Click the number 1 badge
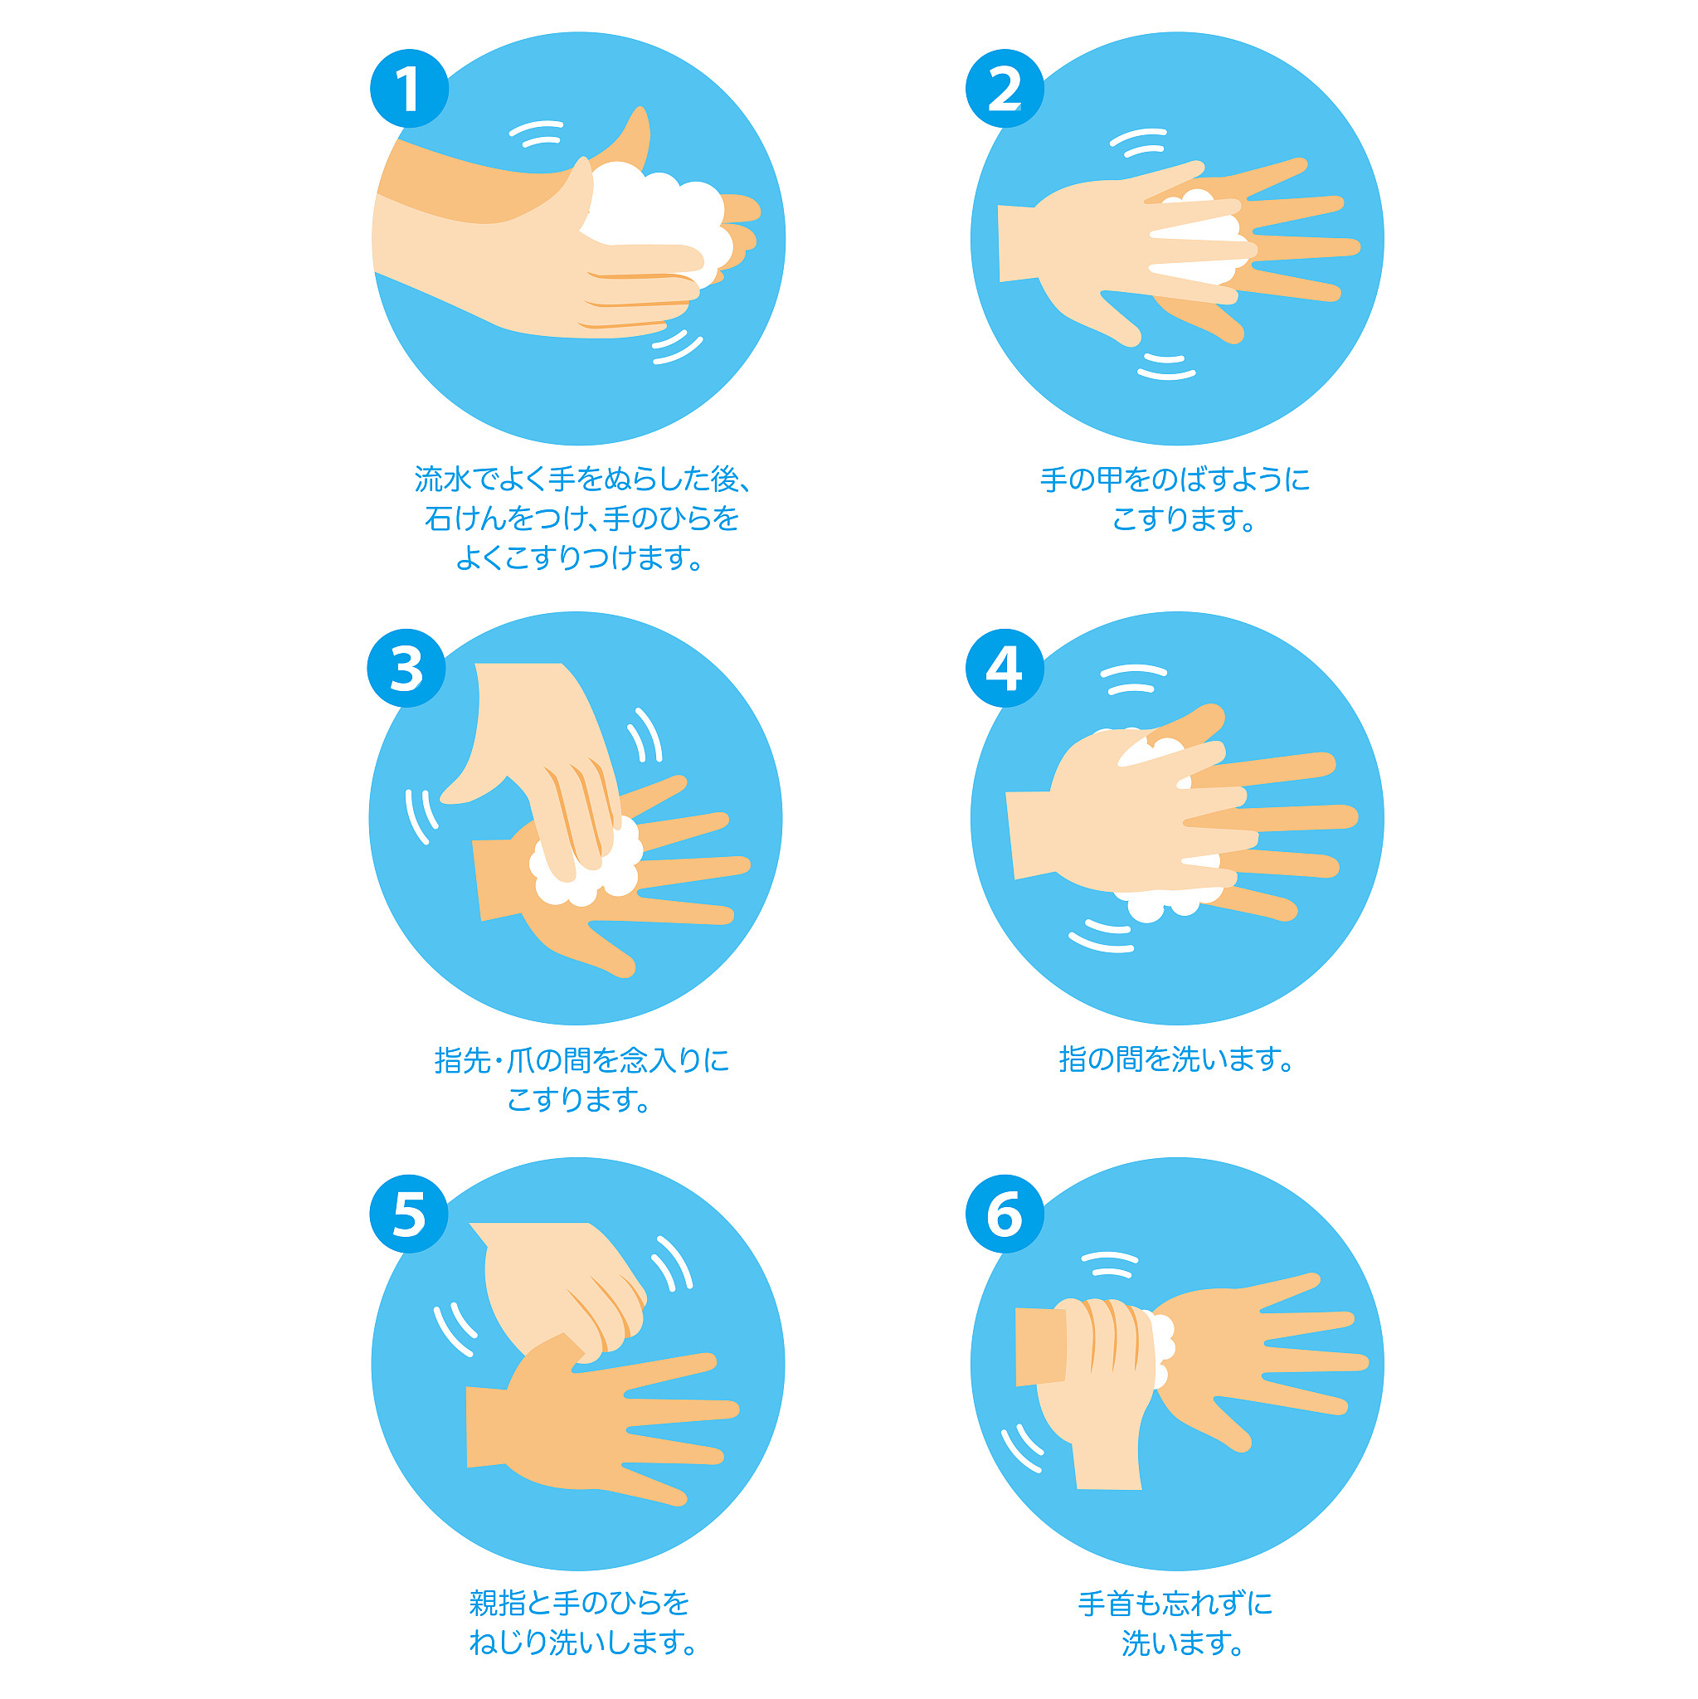pos(409,89)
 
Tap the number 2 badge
pos(1005,89)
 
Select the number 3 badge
pos(406,669)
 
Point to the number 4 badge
pos(1005,669)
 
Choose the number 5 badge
pos(409,1215)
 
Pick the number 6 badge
pos(1005,1215)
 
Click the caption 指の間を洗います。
pos(1176,1059)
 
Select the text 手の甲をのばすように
pos(1175,480)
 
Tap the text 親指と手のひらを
pos(579,1603)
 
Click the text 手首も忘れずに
pos(1175,1603)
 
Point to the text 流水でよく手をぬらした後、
pos(582,480)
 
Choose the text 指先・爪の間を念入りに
pos(582,1059)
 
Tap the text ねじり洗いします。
pos(582,1642)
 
